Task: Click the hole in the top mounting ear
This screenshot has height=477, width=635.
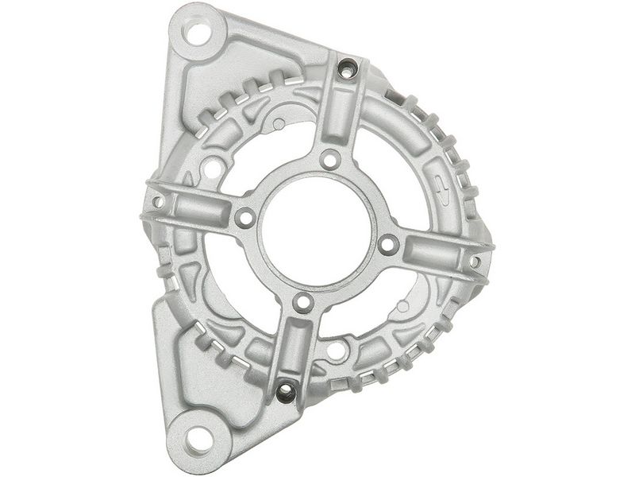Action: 196,34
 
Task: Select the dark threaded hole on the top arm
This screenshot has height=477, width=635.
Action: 347,70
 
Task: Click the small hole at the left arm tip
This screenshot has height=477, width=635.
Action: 158,202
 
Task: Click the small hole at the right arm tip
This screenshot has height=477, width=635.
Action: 475,261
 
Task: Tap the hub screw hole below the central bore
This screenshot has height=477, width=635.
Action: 302,303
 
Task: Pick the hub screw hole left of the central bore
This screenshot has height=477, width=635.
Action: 244,217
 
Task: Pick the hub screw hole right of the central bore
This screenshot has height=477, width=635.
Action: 387,245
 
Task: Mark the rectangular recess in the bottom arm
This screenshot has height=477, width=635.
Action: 294,350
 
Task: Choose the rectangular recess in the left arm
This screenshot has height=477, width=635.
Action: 195,209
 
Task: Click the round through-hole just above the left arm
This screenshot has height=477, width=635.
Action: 213,169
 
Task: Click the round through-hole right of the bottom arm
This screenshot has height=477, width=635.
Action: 336,349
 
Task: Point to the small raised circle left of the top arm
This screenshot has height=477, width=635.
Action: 279,125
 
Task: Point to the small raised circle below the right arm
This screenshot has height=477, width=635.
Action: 402,305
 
